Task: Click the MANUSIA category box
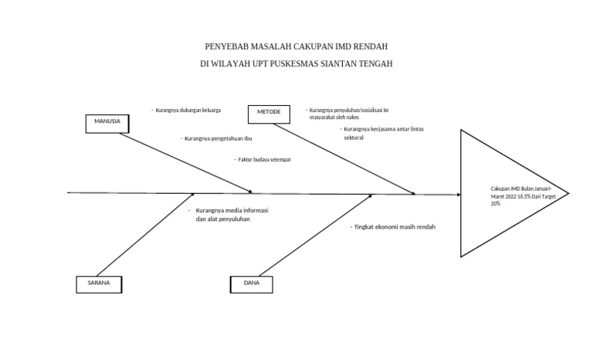tap(107, 124)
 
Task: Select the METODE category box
tap(269, 114)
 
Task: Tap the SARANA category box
tap(99, 284)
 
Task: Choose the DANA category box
tap(252, 284)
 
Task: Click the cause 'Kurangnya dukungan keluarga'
tap(188, 110)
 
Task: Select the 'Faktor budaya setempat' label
tap(264, 160)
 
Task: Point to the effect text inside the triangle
tap(521, 195)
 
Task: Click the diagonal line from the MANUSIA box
tap(185, 163)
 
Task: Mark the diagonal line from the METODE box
tap(344, 159)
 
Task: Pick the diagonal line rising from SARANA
tap(145, 235)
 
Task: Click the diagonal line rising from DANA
tap(316, 235)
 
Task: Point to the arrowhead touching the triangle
tap(459, 195)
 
